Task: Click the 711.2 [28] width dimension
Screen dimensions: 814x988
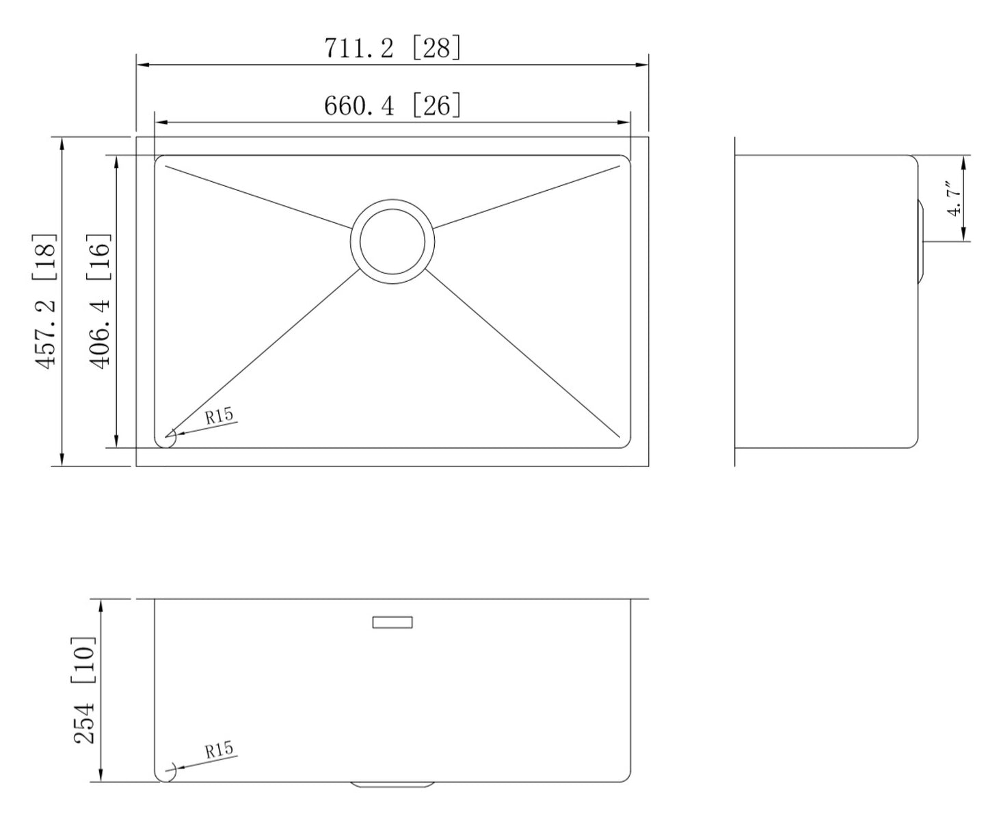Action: click(392, 49)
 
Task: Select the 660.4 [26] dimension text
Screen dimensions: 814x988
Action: click(392, 106)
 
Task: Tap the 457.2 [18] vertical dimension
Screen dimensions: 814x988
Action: click(46, 302)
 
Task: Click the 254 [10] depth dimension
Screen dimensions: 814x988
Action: click(85, 690)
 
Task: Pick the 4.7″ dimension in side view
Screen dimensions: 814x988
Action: click(954, 198)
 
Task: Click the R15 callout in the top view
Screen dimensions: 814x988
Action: click(219, 415)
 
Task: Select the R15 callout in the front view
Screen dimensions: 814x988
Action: click(219, 750)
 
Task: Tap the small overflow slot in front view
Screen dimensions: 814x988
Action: click(392, 622)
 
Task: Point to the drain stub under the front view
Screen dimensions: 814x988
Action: click(392, 785)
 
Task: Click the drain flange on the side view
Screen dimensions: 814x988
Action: click(920, 241)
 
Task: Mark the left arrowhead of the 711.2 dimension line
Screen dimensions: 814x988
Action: click(143, 65)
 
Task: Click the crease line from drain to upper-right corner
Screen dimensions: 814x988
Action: click(526, 196)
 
